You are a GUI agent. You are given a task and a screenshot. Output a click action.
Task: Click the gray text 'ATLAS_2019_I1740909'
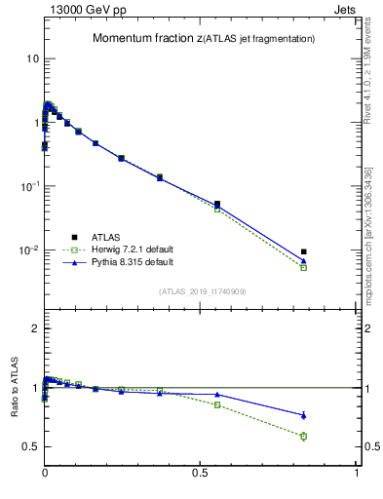[x=204, y=291]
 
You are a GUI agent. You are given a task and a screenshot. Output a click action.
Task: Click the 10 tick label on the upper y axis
[x=32, y=58]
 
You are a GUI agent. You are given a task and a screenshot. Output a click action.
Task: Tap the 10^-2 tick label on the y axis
[x=28, y=250]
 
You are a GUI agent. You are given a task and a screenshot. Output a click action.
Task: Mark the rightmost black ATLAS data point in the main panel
[x=303, y=251]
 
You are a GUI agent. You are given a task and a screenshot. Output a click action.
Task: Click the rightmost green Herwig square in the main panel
[x=303, y=267]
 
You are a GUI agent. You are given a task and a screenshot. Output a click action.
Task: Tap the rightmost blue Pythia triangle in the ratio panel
[x=303, y=415]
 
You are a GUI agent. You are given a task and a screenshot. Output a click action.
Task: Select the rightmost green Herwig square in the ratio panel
[x=303, y=436]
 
